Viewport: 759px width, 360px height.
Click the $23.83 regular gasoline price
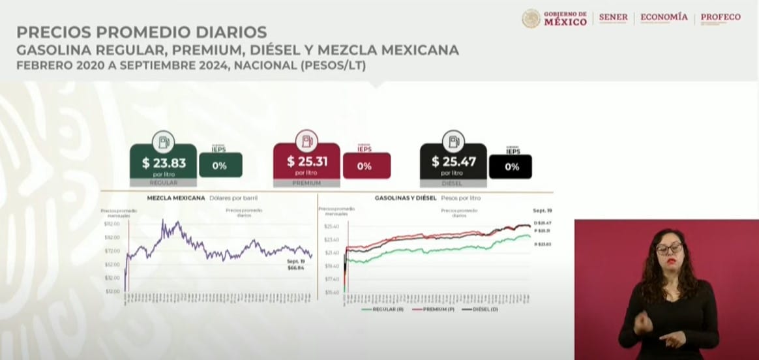click(164, 163)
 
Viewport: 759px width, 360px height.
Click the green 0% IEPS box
click(220, 166)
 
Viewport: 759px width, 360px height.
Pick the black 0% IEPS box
click(511, 167)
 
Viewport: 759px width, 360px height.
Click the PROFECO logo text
click(721, 18)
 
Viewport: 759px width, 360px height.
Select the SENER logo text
click(613, 18)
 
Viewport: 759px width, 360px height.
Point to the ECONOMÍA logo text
click(664, 18)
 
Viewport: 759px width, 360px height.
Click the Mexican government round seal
click(531, 18)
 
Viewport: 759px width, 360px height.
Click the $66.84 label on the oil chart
click(295, 267)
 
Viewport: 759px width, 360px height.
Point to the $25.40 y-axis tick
click(331, 226)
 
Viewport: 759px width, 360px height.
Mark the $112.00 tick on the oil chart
click(112, 224)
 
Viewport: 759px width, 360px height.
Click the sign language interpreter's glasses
click(669, 248)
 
